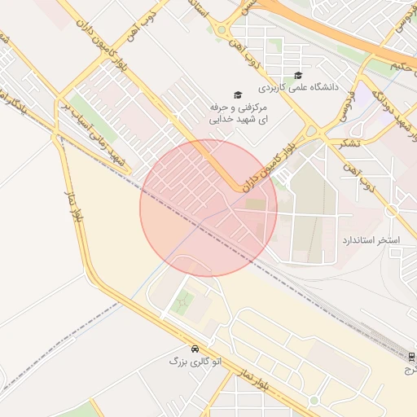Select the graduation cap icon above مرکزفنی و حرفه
238,95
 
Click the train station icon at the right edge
411,357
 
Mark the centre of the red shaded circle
208,208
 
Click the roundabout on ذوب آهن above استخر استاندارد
391,210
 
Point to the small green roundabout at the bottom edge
314,401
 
